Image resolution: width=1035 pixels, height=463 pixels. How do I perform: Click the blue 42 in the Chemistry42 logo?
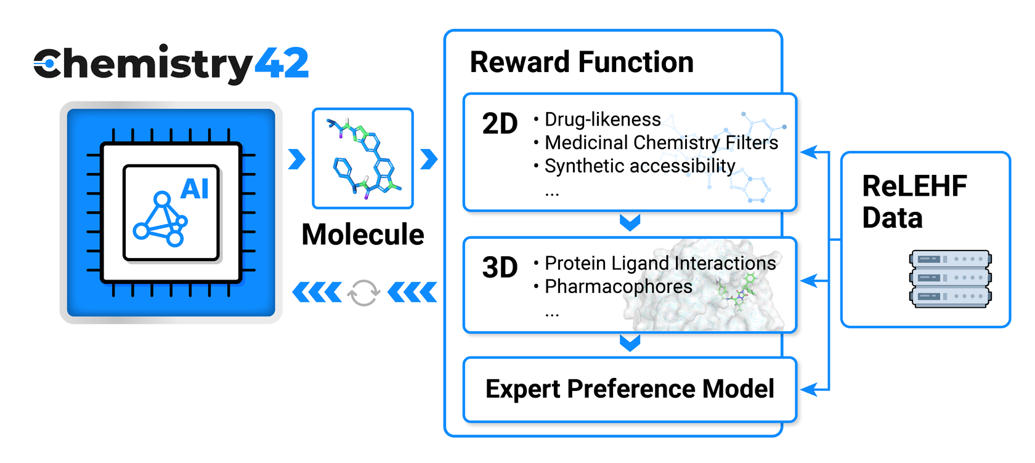[x=281, y=63]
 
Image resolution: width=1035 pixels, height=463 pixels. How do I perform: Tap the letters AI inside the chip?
[x=195, y=188]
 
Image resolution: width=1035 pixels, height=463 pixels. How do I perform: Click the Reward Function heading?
[x=582, y=62]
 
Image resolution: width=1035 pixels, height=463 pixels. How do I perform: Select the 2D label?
[x=500, y=124]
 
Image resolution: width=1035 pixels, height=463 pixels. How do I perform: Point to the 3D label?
[x=500, y=268]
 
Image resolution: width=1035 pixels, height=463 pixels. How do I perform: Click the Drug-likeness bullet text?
[x=602, y=119]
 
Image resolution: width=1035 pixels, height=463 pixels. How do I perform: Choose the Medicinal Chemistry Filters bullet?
[x=661, y=142]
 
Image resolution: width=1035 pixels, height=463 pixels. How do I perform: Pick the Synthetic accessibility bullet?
[x=639, y=166]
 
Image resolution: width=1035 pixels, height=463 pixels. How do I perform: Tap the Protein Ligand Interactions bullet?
[x=660, y=263]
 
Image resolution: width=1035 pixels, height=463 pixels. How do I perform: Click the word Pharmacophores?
[x=618, y=286]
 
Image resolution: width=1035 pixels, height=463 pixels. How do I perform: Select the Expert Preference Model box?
[x=630, y=389]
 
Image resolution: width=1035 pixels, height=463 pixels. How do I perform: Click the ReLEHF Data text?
[x=914, y=202]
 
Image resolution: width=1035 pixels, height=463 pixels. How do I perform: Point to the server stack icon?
[x=950, y=278]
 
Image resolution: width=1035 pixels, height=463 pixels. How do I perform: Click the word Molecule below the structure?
[x=363, y=235]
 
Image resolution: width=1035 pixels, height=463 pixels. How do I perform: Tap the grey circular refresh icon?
[x=363, y=292]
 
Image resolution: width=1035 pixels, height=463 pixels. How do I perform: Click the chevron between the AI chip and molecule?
[x=297, y=159]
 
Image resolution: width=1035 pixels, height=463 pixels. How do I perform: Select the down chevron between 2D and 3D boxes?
[x=630, y=222]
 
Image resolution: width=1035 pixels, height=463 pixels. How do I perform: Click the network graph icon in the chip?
[x=160, y=219]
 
